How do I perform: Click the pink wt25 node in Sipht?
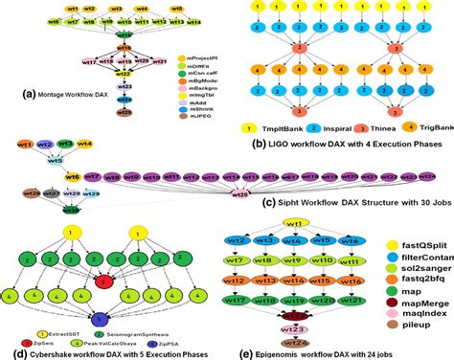(x=241, y=193)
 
